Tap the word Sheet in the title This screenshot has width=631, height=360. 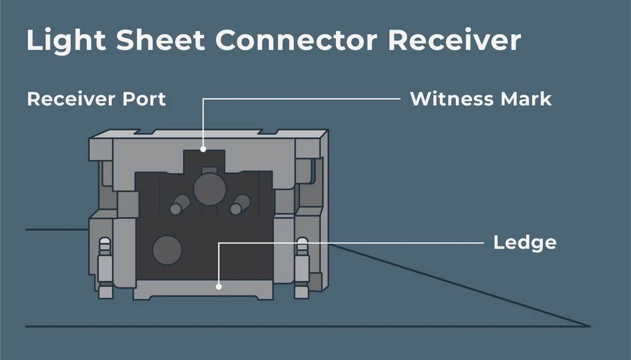coord(160,40)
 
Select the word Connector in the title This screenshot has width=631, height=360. coord(297,40)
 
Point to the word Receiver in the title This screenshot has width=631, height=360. coord(455,40)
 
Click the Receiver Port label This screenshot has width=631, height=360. coord(96,99)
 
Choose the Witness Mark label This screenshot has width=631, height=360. coord(481,99)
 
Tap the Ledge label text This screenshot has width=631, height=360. coord(525,243)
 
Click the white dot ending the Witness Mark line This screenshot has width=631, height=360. coord(203,149)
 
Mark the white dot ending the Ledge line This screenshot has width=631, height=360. coord(219,287)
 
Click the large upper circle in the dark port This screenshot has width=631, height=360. coord(210,189)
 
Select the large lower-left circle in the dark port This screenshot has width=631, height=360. coord(167,250)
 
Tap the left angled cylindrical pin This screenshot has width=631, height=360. coord(180,204)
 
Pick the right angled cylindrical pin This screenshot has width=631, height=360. coord(240,204)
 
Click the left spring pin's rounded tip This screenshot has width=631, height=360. coord(105,243)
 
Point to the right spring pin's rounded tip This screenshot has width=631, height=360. coord(302,243)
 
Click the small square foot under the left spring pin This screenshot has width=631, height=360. coord(106,292)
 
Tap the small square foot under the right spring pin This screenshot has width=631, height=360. coord(302,292)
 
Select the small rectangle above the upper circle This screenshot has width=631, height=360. coord(210,170)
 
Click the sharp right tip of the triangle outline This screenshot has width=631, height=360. coord(591,326)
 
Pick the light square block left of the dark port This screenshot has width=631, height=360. coord(128,204)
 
